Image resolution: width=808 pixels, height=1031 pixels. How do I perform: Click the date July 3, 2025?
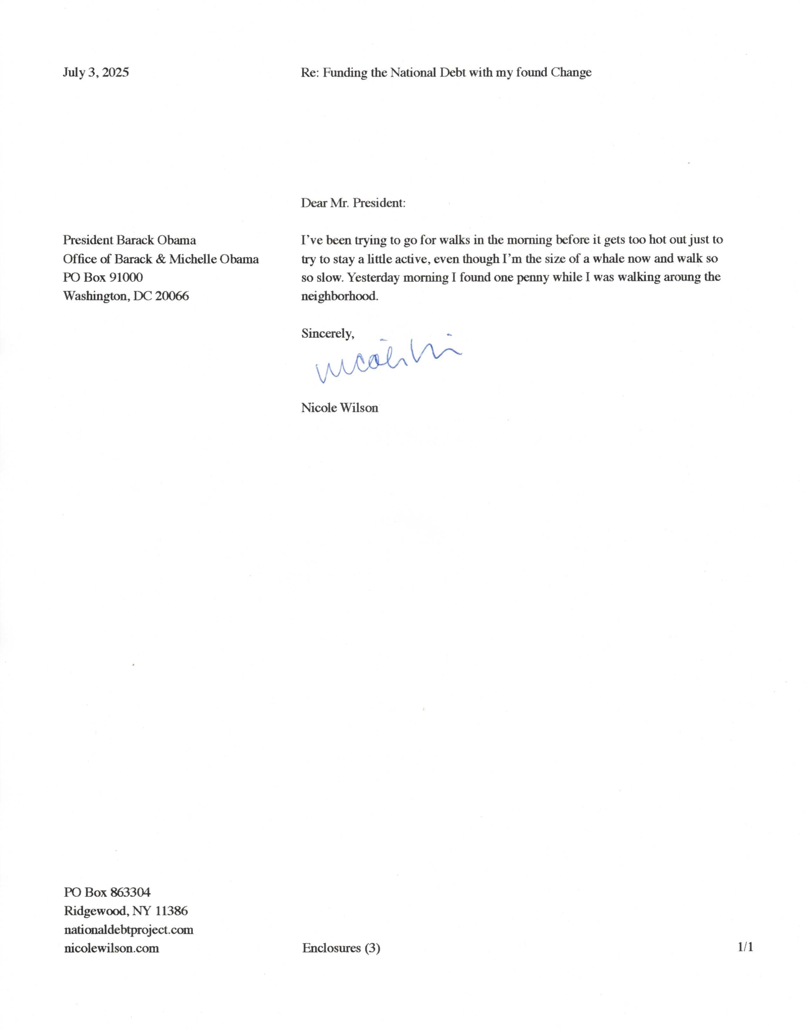[96, 72]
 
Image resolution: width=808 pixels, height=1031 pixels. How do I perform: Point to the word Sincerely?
[327, 334]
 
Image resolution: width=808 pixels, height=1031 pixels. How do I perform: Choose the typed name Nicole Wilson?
[339, 408]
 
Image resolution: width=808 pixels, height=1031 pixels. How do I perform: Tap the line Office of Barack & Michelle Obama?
[161, 259]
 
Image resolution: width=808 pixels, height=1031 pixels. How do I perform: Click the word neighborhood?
[340, 296]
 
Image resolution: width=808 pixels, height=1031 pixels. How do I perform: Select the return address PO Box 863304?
[107, 892]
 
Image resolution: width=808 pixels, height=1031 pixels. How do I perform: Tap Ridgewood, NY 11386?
[126, 911]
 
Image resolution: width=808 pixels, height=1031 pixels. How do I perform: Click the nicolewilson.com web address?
[112, 948]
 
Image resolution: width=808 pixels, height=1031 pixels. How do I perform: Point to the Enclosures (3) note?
[341, 948]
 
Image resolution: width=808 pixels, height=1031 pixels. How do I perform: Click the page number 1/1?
[745, 947]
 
